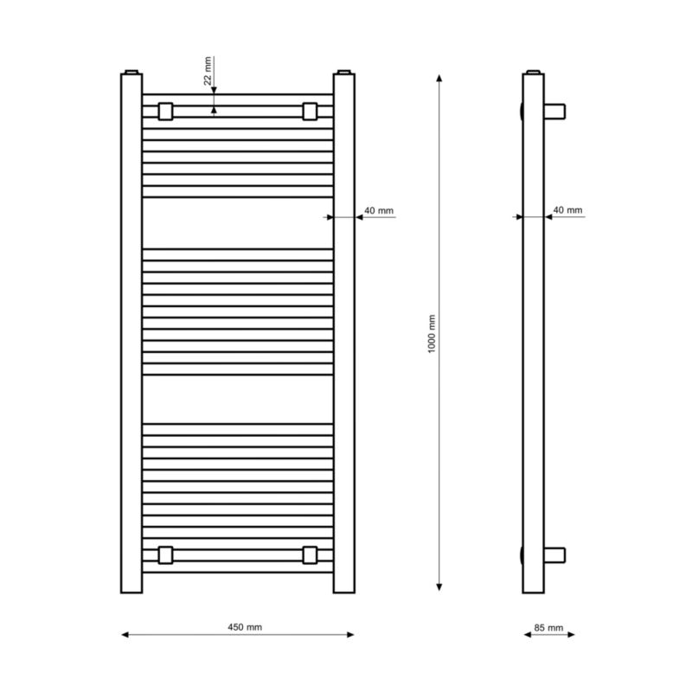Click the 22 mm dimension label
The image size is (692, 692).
208,71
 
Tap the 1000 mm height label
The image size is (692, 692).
431,334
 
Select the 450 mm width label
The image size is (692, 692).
245,627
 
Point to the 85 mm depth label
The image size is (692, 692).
548,628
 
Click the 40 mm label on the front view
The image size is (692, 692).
379,210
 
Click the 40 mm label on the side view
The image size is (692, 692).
567,210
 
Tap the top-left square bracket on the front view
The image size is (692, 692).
165,112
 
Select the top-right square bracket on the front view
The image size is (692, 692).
310,112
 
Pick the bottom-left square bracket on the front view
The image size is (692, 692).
165,555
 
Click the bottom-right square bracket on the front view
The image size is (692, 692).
310,555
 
